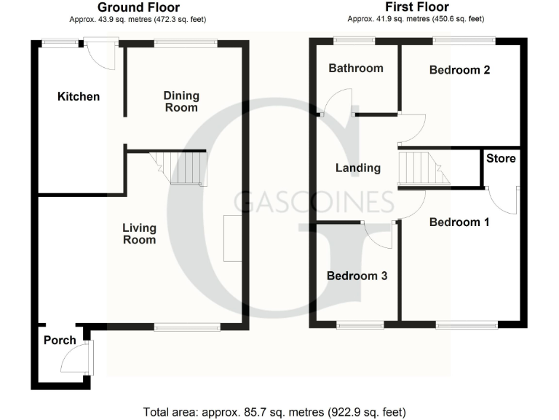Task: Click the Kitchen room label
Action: [x=79, y=96]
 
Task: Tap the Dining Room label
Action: [x=181, y=101]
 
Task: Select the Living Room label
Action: [x=139, y=234]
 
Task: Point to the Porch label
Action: [x=60, y=341]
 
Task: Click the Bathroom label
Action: [x=355, y=69]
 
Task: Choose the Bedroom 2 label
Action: [x=459, y=70]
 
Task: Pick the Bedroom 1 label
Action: [x=459, y=222]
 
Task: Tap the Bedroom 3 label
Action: [x=357, y=276]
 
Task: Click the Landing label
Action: [x=357, y=168]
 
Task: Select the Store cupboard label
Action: [x=501, y=158]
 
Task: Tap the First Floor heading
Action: [x=416, y=7]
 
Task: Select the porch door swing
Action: [x=75, y=359]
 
